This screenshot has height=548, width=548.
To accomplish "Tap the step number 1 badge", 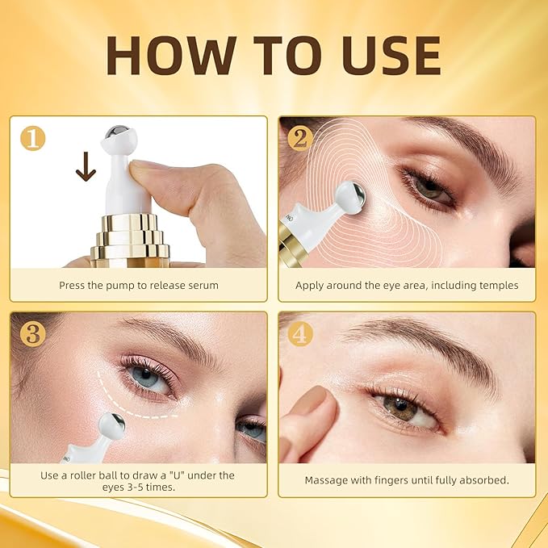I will pos(33,139).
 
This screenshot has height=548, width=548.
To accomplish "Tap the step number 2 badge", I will pos(301,138).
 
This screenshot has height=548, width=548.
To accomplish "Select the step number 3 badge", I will pos(33,333).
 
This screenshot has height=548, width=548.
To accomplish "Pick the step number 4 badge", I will pos(301,333).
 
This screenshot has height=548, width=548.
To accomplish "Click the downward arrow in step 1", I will pos(85,168).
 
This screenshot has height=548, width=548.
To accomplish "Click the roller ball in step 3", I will pos(111,425).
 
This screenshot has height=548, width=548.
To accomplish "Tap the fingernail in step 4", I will pos(311,401).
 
